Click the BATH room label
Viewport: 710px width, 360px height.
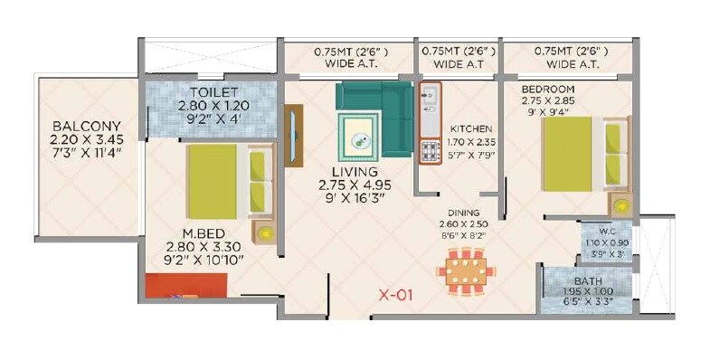(589, 281)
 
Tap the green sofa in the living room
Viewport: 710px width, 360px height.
(375, 113)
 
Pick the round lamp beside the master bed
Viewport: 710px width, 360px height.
(265, 232)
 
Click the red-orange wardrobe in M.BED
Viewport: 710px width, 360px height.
(186, 286)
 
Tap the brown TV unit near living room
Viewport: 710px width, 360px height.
(293, 136)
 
